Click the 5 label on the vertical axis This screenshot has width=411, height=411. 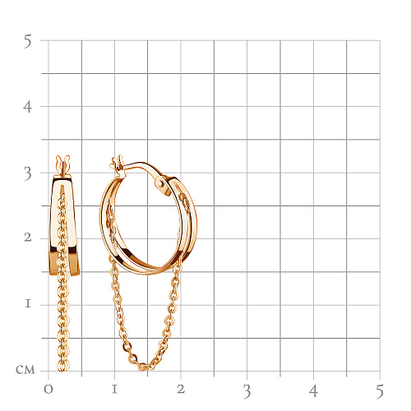point(28,41)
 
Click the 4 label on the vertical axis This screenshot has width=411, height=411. point(27,107)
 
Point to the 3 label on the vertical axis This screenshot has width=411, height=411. point(28,173)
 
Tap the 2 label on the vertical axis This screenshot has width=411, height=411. point(28,238)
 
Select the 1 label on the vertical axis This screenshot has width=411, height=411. point(28,303)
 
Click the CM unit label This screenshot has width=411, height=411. point(25,370)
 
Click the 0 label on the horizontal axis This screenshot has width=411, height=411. point(48,390)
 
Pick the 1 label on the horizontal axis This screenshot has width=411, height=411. point(114,390)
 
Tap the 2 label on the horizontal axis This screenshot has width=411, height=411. point(181,389)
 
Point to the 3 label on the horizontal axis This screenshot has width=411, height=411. point(247,391)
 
